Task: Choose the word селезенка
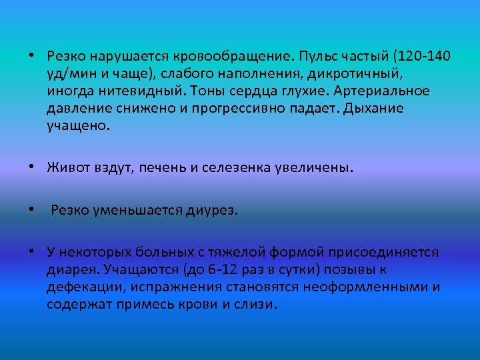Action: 235,168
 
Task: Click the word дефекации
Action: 79,287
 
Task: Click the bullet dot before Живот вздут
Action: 31,168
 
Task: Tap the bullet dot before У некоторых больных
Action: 31,253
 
